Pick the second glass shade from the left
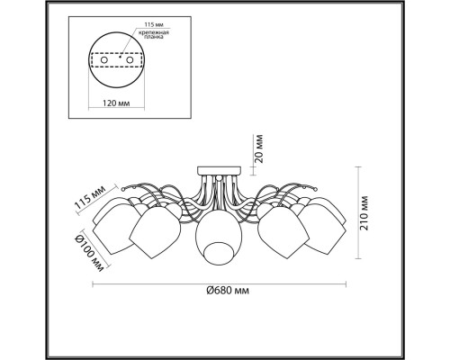(x=157, y=232)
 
